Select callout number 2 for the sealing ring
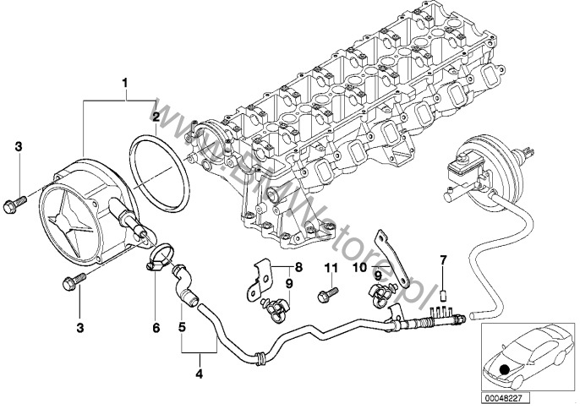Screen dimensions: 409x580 click(156, 117)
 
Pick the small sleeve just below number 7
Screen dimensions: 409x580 click(441, 296)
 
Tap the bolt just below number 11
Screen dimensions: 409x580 click(325, 295)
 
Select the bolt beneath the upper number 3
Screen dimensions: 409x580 click(17, 202)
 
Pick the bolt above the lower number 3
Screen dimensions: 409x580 click(69, 281)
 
